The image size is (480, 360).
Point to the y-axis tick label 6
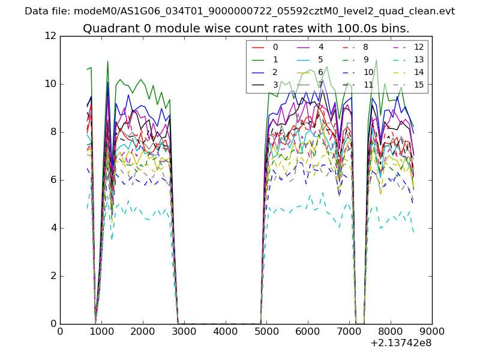coord(53,180)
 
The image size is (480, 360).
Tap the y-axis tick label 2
coord(53,276)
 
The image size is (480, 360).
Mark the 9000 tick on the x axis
coord(432,330)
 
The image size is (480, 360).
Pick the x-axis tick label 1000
coord(101,330)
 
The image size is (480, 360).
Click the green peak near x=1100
coord(107,61)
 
